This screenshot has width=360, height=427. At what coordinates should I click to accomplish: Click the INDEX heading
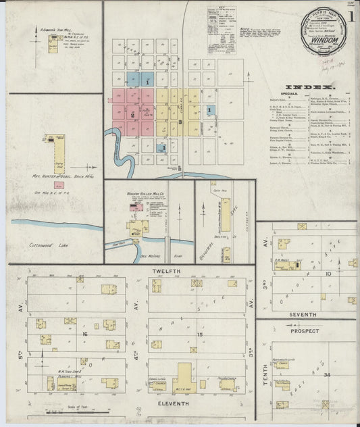point(309,88)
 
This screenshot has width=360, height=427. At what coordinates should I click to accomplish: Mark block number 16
point(84,334)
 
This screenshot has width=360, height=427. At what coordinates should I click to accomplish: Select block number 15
point(199,334)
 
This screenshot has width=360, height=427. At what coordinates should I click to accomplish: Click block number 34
point(327,374)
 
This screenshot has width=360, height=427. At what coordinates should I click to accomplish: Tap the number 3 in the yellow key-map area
point(180,122)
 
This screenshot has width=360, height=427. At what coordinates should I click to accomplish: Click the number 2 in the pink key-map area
point(133,116)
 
